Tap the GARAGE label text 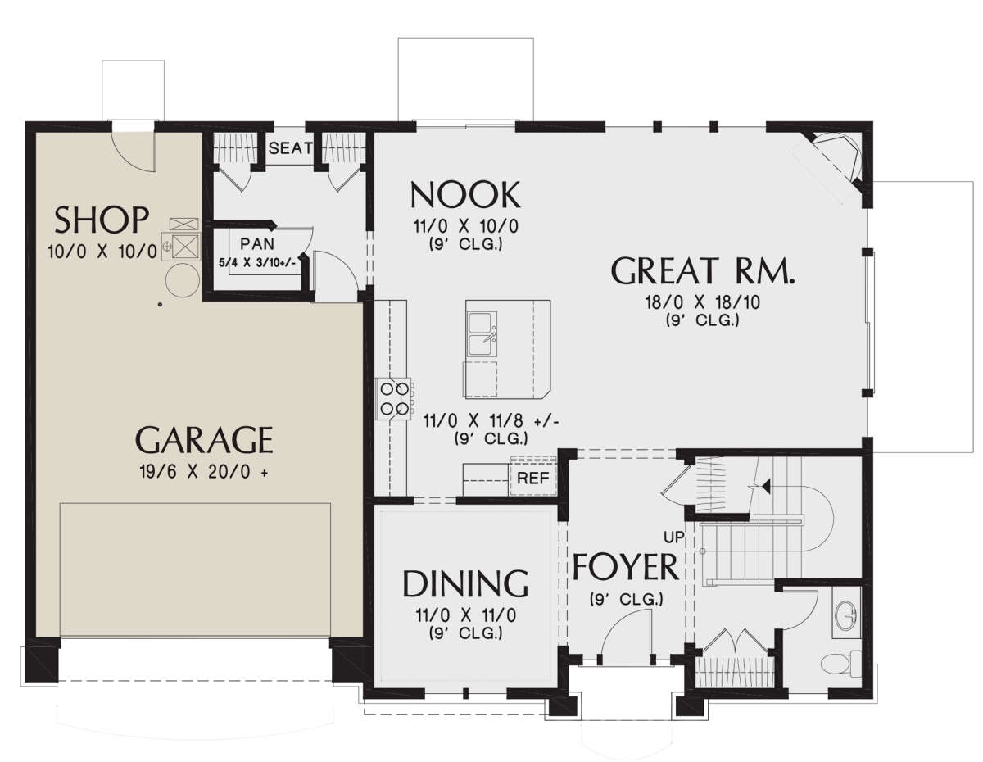point(204,439)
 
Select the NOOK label point(465,194)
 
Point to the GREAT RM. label point(703,270)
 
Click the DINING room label point(465,583)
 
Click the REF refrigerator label point(533,478)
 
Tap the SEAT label point(291,148)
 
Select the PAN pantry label point(257,244)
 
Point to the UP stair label point(673,537)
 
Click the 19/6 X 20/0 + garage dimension point(204,473)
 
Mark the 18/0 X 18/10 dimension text point(703,302)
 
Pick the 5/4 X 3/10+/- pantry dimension point(257,262)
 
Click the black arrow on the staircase point(766,487)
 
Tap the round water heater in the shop point(183,281)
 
